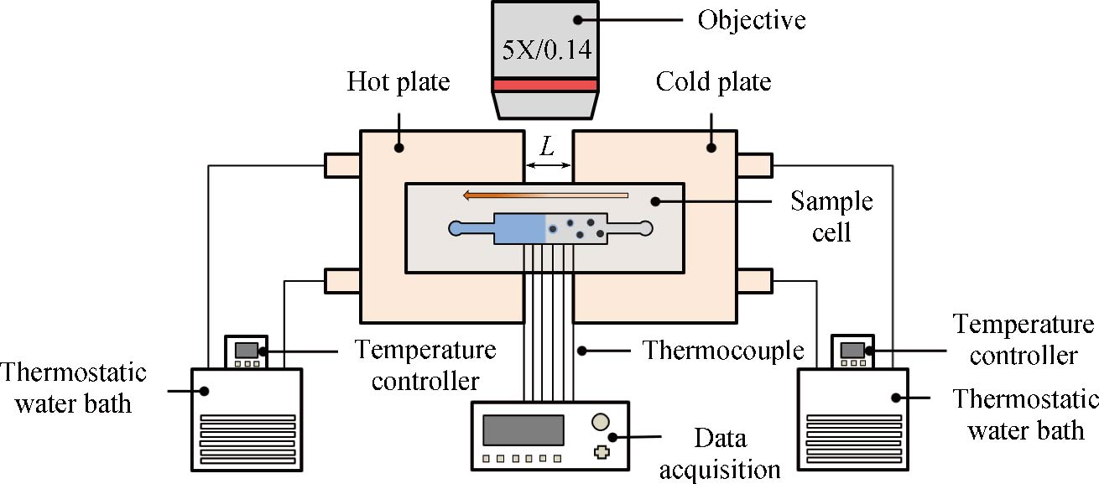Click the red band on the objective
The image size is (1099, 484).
545,85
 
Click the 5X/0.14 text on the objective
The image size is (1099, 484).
546,49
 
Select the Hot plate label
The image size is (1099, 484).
398,83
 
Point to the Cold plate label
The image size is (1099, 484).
713,83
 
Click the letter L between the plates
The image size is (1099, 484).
548,147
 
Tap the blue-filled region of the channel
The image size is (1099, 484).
520,228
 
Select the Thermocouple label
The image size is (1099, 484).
722,349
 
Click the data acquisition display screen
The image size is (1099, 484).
523,429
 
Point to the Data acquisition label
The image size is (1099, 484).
720,452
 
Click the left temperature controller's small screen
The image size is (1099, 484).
245,349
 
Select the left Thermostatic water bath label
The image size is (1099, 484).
73,388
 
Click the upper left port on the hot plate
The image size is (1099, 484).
342,165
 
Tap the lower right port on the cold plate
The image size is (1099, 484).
755,280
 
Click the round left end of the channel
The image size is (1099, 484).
456,228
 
